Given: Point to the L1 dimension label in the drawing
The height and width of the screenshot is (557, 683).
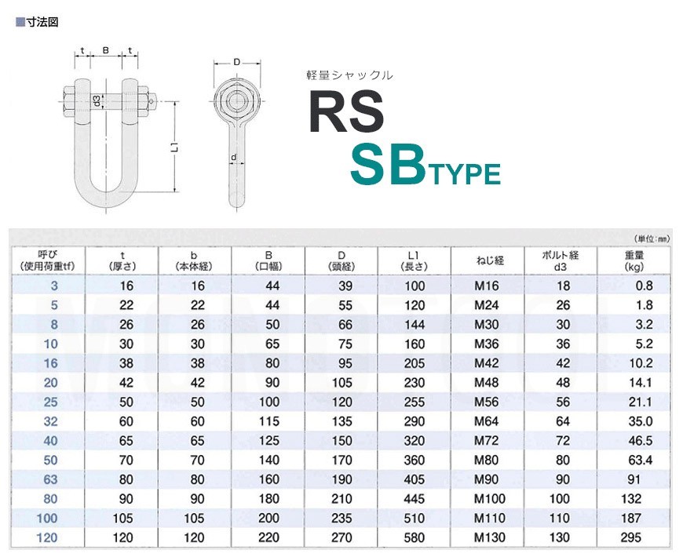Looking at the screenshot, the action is point(174,147).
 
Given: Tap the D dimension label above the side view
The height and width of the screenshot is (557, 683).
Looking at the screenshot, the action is point(236,62).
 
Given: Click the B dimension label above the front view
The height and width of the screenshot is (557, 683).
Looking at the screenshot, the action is point(106,50).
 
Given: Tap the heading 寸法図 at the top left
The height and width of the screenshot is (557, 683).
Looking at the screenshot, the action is point(42,22).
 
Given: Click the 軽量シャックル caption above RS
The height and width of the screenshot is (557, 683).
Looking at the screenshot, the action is point(349,75).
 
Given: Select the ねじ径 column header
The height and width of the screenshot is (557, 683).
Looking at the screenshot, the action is point(490,260).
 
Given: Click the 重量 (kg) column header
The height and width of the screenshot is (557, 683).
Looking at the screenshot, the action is point(634,260).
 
